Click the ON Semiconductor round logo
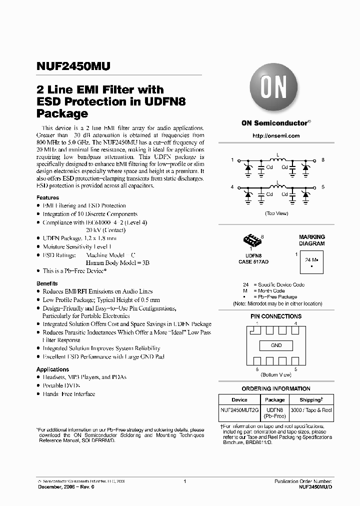coord(273,89)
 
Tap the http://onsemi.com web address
coord(276,135)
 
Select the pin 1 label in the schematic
coord(232,159)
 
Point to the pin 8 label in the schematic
coord(323,159)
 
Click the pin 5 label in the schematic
coord(323,186)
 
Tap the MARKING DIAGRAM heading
coord(311,240)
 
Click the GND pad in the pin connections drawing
coord(276,345)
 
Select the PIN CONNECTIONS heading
coord(276,316)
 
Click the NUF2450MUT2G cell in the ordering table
coord(239,410)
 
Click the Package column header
coord(274,399)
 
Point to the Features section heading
coord(47,198)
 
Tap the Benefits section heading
coord(47,283)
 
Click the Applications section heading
coord(52,369)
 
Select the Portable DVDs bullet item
coord(61,385)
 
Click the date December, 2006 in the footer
coord(58,486)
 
